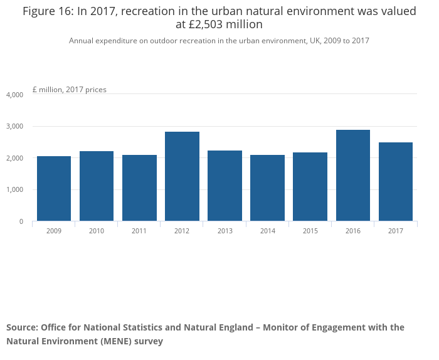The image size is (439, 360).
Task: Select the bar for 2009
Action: coord(54,188)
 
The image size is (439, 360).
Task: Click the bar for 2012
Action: coord(182,176)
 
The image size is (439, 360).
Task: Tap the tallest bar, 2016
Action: coord(352,175)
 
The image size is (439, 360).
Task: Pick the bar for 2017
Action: coord(396,182)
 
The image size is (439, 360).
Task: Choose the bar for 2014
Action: coord(267,188)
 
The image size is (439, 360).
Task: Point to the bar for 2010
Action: coord(97,186)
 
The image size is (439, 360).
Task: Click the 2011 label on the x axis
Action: coord(139,231)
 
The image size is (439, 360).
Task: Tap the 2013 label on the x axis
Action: coord(225,231)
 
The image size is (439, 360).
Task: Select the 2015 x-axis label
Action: coord(310,231)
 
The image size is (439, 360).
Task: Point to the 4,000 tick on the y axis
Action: coord(14,95)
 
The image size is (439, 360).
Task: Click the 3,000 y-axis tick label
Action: coord(14,126)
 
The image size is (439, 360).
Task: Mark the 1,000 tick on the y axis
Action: coord(14,189)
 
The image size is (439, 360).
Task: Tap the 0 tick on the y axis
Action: coord(21,221)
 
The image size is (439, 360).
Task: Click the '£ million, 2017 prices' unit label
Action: coord(70,90)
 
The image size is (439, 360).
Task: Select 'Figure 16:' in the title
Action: coord(48,11)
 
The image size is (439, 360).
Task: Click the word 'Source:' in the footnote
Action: coord(22,327)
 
